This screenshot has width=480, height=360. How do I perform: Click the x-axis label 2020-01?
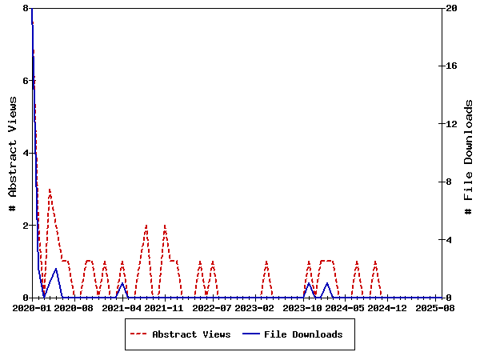click(31, 307)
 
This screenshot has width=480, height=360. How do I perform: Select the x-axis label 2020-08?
click(74, 307)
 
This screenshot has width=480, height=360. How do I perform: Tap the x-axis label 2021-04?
click(122, 307)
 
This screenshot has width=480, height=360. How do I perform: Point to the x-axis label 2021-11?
click(165, 307)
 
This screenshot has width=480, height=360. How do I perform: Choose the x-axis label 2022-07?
click(213, 307)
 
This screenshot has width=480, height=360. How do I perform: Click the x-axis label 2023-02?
click(255, 307)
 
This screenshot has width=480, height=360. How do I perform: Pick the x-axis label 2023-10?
click(304, 307)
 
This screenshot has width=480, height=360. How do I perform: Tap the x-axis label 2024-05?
click(346, 307)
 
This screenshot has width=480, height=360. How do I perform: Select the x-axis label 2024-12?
click(389, 307)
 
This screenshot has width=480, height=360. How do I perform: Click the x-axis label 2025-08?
click(437, 307)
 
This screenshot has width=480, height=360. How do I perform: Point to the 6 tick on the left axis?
click(26, 81)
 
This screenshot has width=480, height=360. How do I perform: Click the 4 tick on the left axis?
click(26, 153)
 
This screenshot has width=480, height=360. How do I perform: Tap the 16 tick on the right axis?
click(451, 66)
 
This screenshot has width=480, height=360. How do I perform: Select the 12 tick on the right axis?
click(451, 124)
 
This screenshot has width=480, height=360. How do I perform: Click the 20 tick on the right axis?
click(451, 8)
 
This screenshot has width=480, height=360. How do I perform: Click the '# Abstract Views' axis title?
click(12, 153)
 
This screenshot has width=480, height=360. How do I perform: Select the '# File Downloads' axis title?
click(469, 153)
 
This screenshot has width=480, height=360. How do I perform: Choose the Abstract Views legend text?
click(191, 334)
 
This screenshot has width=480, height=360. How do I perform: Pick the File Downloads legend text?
click(303, 334)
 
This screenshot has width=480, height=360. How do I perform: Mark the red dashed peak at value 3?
click(50, 190)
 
